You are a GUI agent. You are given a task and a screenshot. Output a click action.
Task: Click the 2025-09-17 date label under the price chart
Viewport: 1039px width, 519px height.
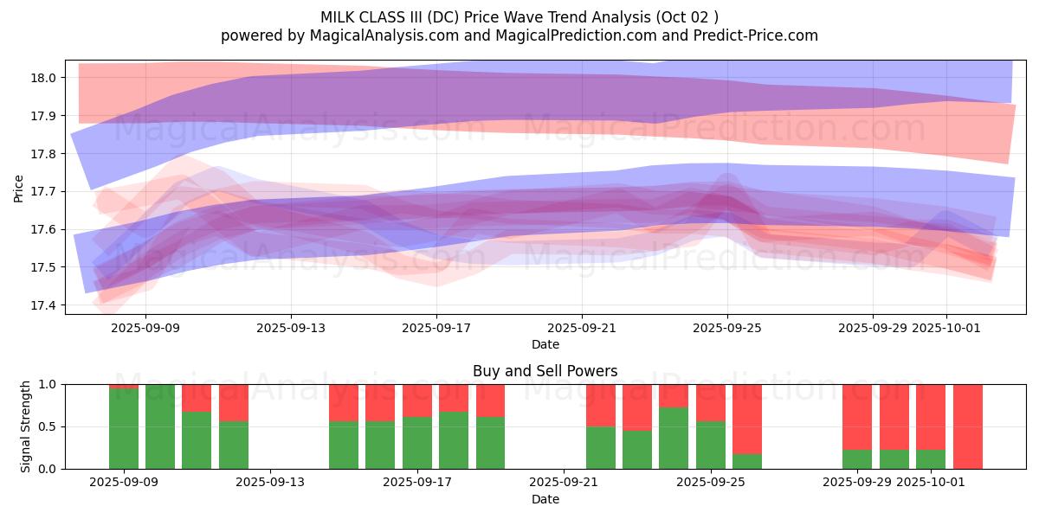point(436,328)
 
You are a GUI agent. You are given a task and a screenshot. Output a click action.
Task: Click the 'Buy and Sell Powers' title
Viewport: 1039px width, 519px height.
point(545,371)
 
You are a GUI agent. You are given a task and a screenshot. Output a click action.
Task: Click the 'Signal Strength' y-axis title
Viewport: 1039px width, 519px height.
point(26,426)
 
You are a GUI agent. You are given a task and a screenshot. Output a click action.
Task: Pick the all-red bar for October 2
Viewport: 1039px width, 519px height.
point(967,426)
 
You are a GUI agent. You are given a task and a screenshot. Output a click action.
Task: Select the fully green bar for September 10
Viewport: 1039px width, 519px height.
point(160,426)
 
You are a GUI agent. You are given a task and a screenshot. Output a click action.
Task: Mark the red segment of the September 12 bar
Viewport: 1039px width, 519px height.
point(234,402)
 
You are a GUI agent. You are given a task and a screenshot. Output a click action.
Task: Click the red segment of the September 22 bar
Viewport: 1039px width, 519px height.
point(601,405)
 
